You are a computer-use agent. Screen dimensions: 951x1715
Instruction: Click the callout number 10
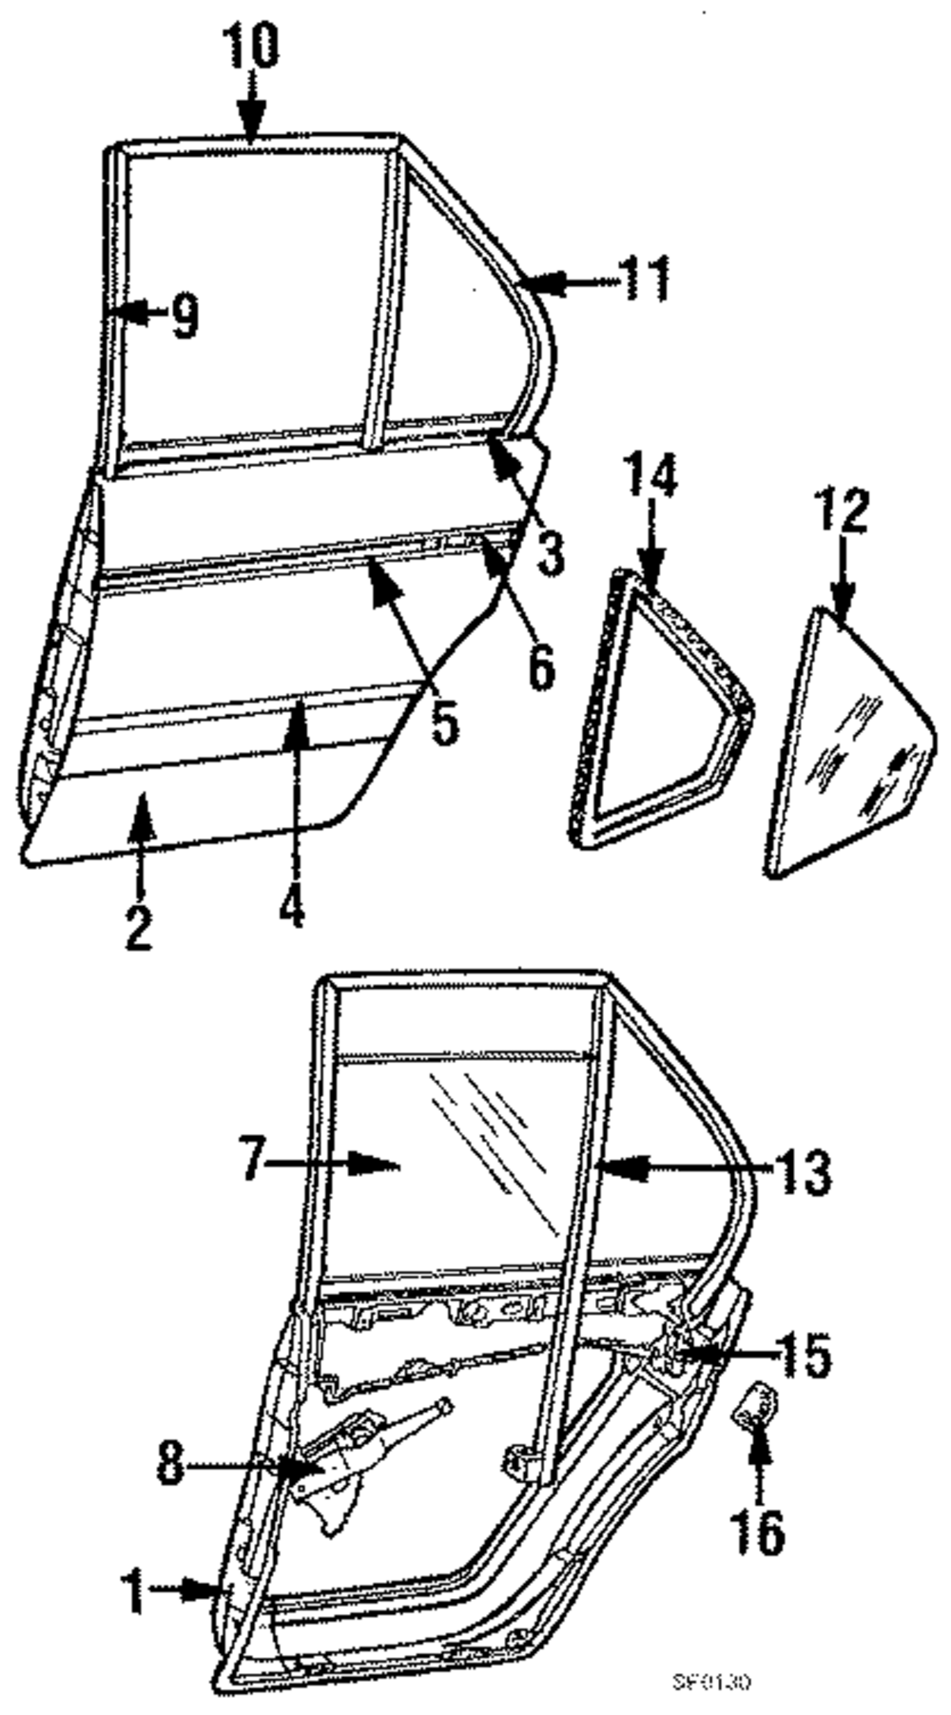(251, 45)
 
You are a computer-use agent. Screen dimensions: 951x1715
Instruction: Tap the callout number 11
(645, 279)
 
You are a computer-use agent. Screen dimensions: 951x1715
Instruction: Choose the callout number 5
(444, 722)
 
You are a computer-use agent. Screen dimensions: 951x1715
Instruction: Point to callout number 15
(805, 1355)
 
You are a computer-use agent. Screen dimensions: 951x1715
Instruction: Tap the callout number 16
(758, 1530)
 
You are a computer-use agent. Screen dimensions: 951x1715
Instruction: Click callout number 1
(136, 1590)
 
